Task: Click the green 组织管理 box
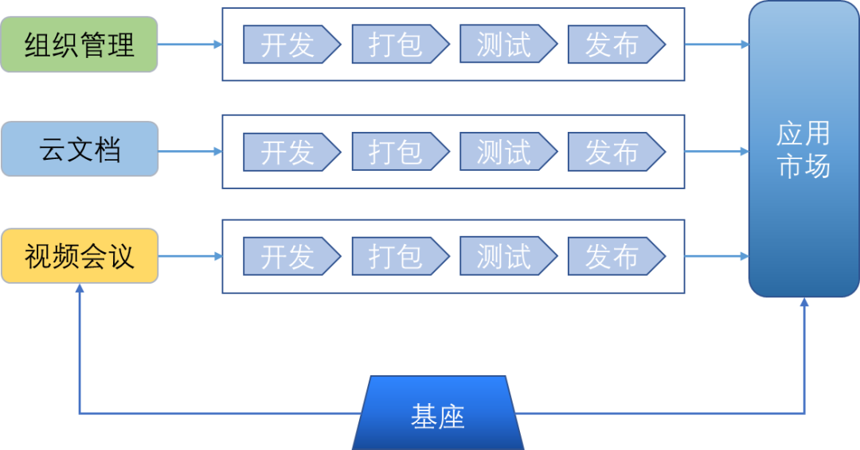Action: pos(80,45)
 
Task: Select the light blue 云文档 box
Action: pos(80,149)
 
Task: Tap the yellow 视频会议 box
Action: pos(80,256)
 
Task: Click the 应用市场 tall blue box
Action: pos(803,149)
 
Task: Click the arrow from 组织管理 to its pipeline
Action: pos(190,45)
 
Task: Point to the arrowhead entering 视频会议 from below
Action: pos(80,290)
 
